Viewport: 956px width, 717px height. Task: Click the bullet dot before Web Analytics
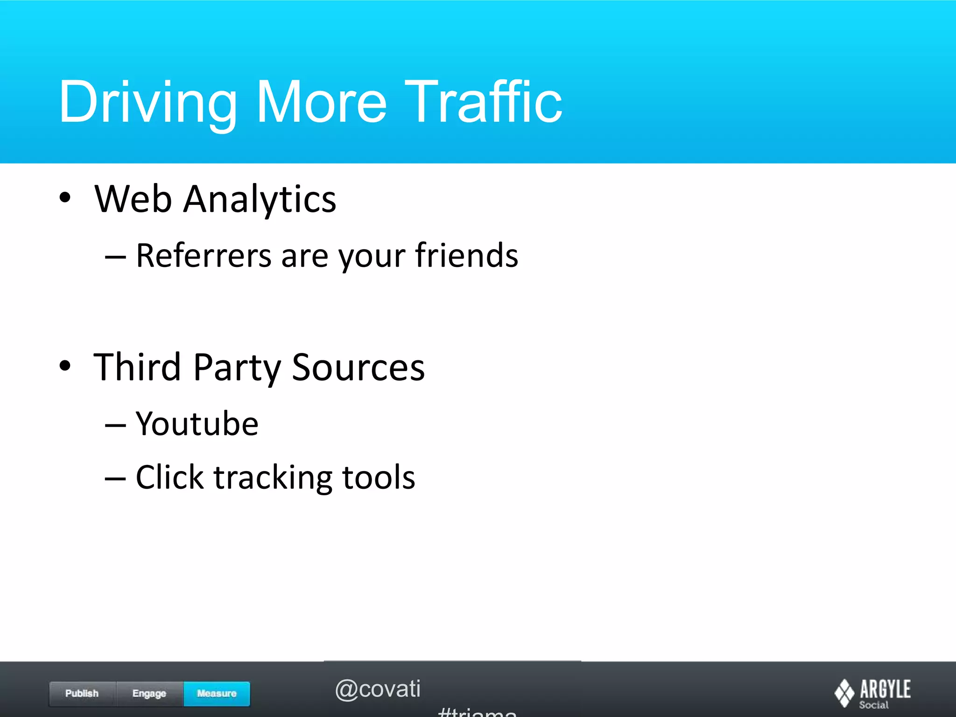point(65,197)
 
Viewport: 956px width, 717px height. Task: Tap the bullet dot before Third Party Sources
point(65,366)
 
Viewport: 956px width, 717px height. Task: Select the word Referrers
point(204,256)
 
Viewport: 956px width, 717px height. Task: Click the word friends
point(466,255)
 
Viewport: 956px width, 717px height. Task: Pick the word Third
point(137,367)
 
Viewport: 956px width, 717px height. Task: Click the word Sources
point(358,368)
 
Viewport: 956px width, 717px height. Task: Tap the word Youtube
point(197,424)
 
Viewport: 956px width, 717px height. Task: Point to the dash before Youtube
point(115,425)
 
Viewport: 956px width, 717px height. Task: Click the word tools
point(379,478)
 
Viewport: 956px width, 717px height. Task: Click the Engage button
point(149,694)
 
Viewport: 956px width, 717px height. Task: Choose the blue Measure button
point(217,694)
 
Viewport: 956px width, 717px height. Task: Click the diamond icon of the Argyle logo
point(844,693)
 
